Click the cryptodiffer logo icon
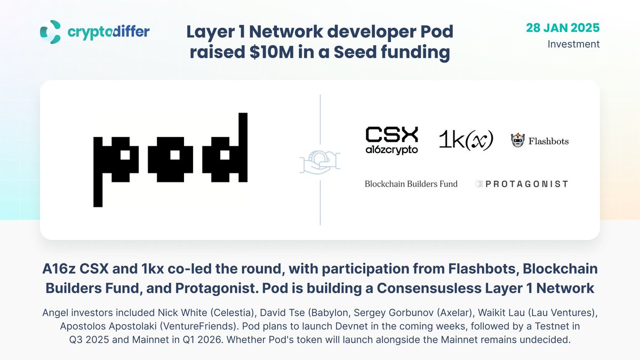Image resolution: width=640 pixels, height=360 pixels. pos(50,32)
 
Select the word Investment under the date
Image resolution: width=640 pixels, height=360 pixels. pos(573,44)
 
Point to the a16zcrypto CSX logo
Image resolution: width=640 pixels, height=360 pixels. pos(391,140)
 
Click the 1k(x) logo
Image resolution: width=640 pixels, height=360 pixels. pos(465,140)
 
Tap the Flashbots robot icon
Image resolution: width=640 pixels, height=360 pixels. pos(517,141)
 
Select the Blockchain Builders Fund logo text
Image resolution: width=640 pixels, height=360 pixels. pos(411,184)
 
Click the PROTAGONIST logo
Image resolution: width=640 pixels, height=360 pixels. pos(521,184)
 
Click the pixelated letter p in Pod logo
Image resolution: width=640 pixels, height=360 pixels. pos(114,165)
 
